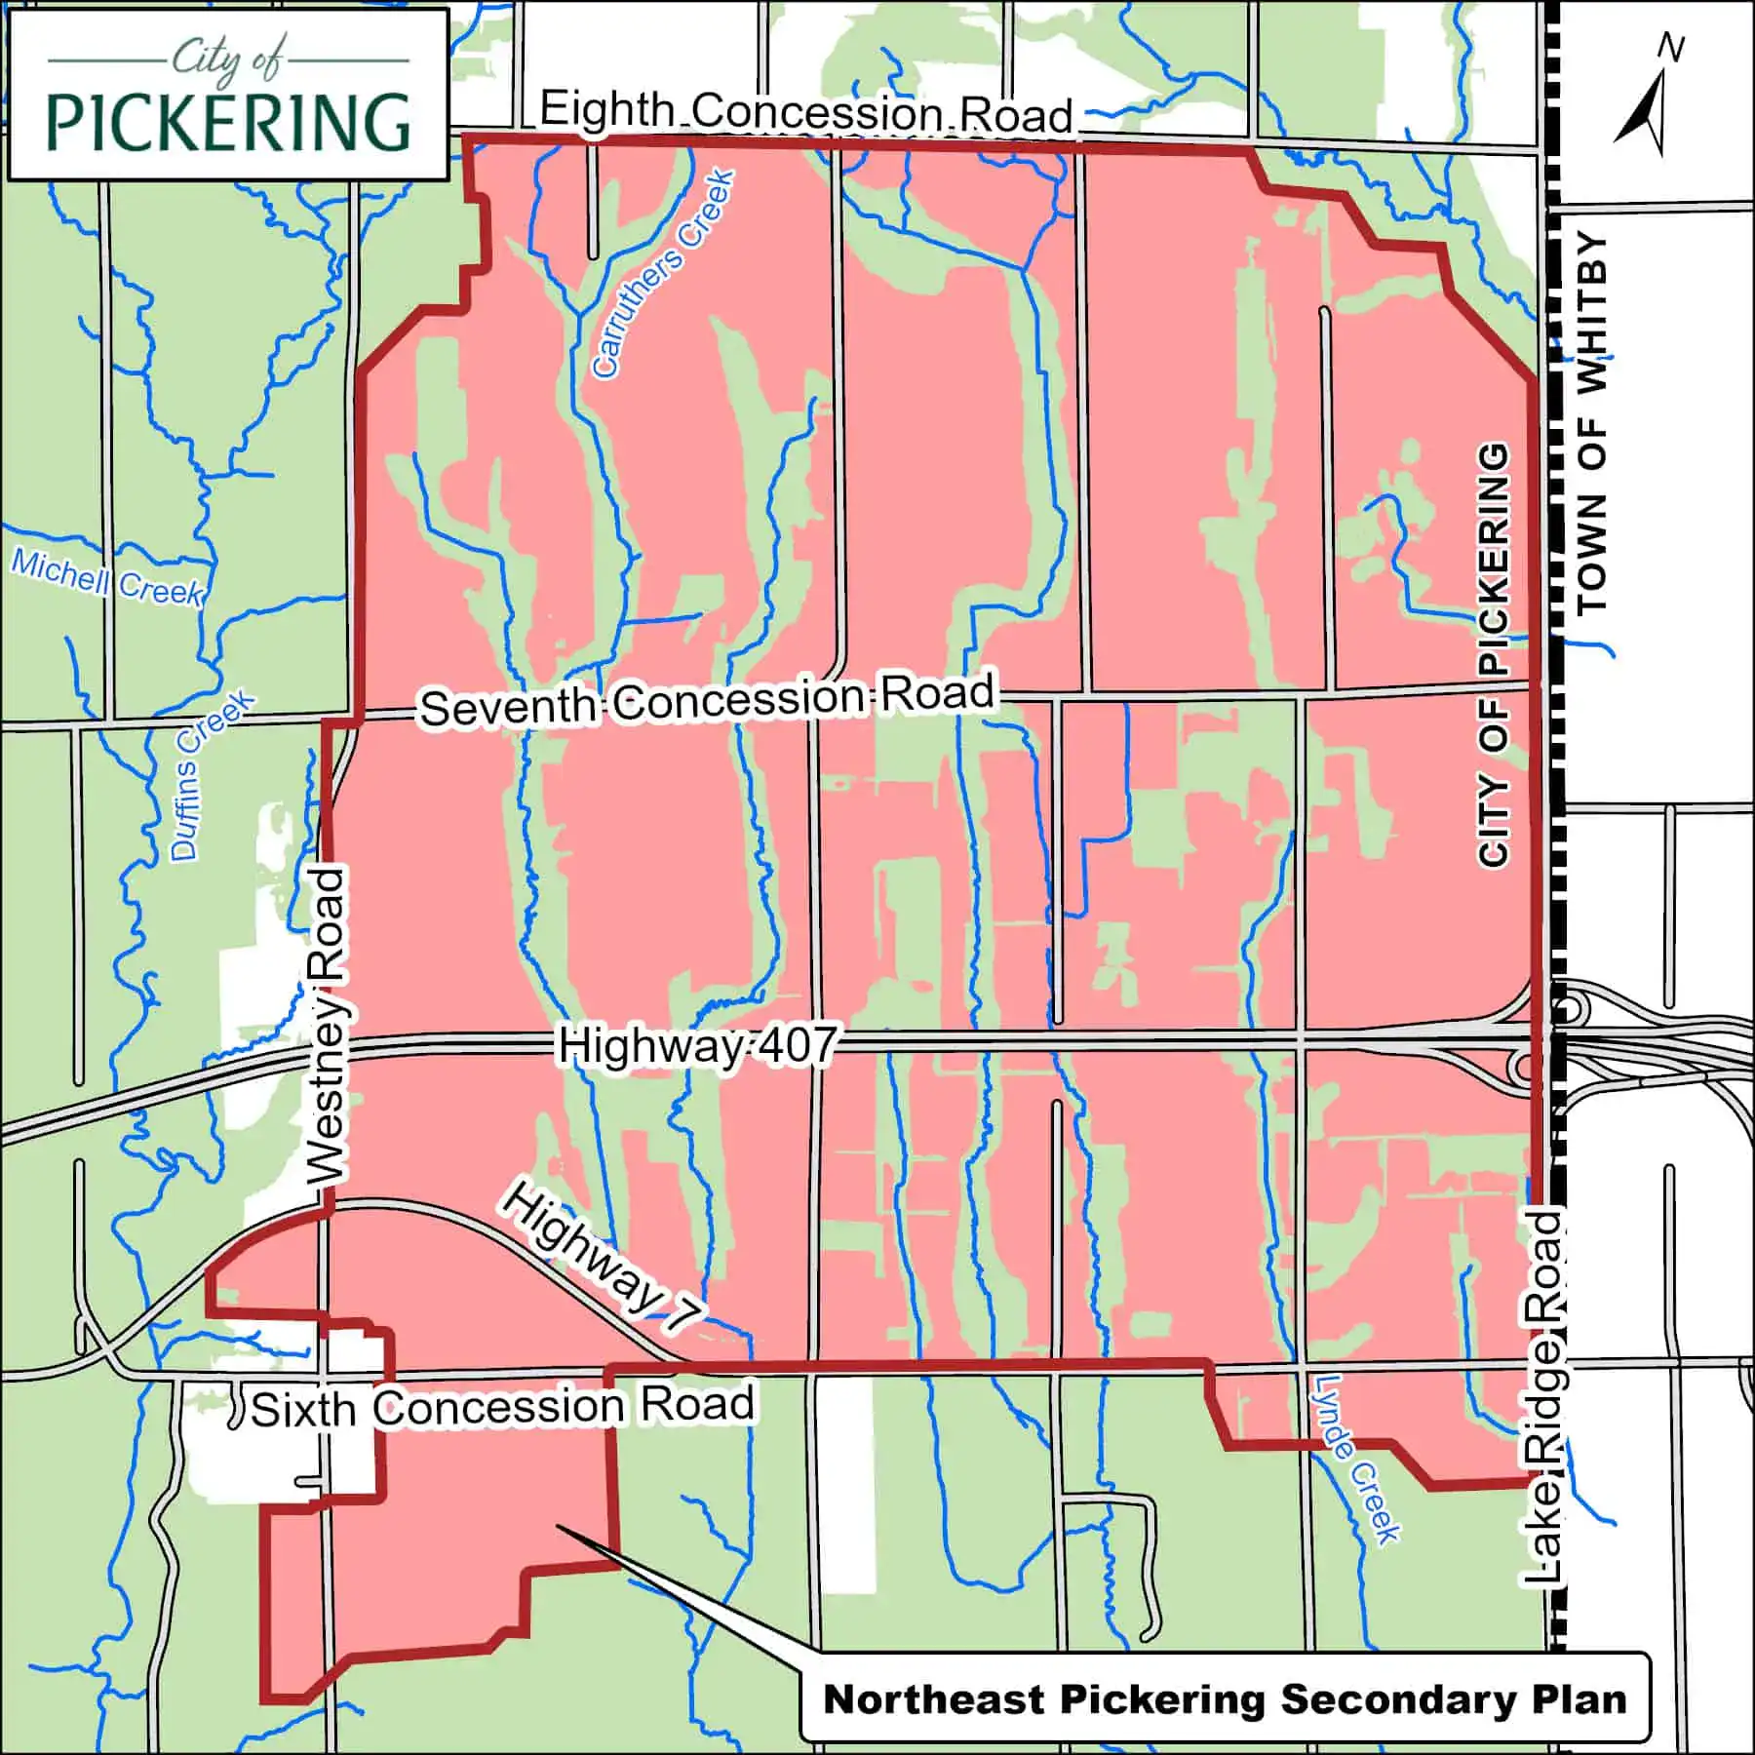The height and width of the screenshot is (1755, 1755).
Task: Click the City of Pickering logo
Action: coord(228,95)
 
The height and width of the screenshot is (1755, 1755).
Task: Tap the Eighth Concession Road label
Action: coord(805,112)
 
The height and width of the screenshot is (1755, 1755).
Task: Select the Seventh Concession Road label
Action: coord(706,700)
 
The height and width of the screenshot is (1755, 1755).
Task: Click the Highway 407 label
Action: coord(696,1046)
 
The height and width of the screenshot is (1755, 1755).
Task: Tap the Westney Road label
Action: coord(328,1026)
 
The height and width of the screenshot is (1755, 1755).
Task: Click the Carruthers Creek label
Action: coord(663,274)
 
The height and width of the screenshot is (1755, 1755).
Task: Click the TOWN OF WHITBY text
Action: coord(1591,422)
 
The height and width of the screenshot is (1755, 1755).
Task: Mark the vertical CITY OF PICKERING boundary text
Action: coord(1494,654)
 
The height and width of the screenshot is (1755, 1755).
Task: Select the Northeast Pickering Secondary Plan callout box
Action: coord(1225,1697)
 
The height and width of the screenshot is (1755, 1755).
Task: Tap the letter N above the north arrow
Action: coord(1671,47)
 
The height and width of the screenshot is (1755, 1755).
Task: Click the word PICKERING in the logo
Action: coord(228,124)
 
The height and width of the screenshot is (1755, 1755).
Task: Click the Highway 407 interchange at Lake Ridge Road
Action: coord(1545,1043)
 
